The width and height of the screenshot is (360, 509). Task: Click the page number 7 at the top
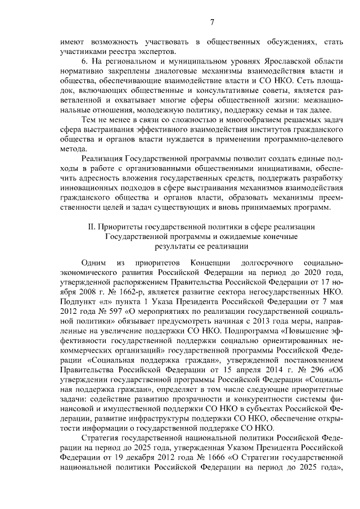point(211,22)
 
